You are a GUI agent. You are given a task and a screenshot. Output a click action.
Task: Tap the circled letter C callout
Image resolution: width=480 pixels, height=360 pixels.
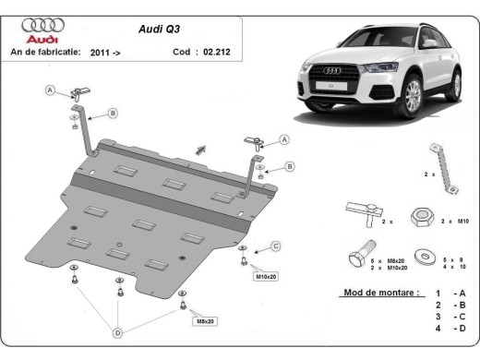click(275, 245)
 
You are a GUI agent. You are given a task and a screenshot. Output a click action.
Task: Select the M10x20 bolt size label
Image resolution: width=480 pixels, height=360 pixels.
click(265, 276)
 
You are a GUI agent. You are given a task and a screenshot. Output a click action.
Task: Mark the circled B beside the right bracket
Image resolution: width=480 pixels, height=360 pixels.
click(288, 166)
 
